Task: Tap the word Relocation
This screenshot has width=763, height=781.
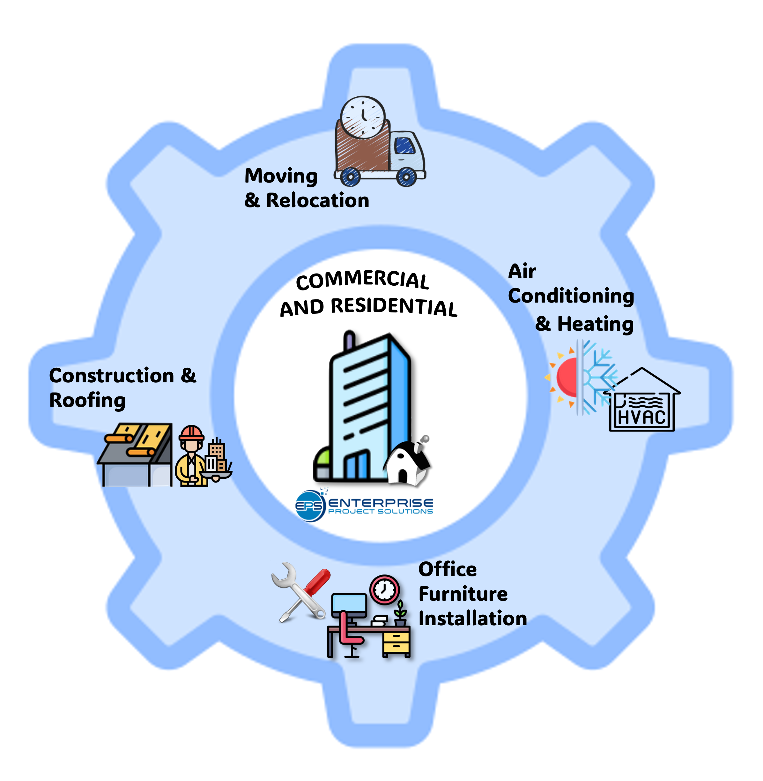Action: pyautogui.click(x=317, y=200)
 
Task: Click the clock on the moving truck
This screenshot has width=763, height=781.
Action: pyautogui.click(x=363, y=117)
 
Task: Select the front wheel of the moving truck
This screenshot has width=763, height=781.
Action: pyautogui.click(x=406, y=177)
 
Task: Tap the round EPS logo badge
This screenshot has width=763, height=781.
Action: pyautogui.click(x=309, y=506)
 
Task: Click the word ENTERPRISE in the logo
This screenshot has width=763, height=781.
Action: pyautogui.click(x=381, y=503)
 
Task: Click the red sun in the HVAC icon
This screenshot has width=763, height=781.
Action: pyautogui.click(x=567, y=377)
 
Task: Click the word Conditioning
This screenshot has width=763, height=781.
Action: pyautogui.click(x=571, y=296)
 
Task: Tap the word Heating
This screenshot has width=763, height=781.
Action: pyautogui.click(x=595, y=324)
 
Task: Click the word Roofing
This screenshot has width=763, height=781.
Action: pyautogui.click(x=87, y=401)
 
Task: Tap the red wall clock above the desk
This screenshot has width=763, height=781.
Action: pyautogui.click(x=384, y=590)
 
